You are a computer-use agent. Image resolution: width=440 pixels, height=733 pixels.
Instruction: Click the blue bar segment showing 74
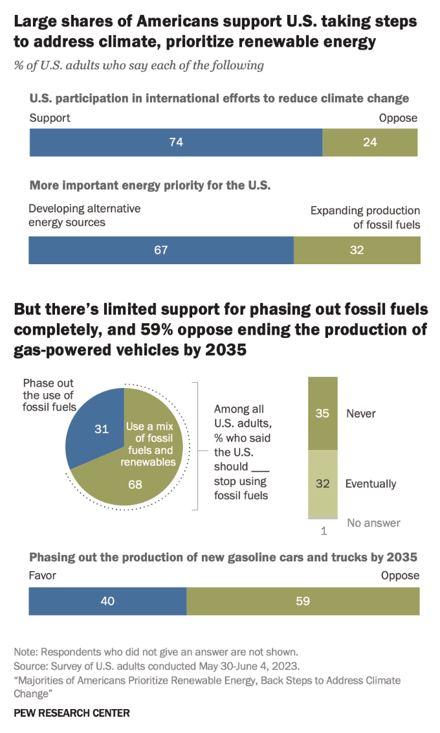coord(176,142)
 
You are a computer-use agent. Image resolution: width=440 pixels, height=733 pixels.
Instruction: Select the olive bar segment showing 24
coord(370,142)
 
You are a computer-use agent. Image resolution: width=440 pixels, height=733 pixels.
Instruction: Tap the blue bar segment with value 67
coord(161,250)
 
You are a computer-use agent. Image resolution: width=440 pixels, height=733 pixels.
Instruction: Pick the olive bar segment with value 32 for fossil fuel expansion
coord(357,250)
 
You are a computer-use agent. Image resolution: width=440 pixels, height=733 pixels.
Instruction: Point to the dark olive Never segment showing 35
coord(322,413)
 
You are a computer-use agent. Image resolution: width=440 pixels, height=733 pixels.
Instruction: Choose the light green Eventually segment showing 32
coord(322,484)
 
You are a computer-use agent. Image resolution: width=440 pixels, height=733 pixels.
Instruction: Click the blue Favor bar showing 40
coord(107,601)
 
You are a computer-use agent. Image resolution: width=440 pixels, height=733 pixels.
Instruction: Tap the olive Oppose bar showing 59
coord(303,601)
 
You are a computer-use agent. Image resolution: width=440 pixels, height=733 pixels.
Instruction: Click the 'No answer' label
coord(373,523)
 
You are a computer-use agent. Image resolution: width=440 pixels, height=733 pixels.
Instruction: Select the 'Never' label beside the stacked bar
coord(360,413)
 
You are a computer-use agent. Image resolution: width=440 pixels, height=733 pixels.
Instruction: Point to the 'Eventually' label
coord(370,484)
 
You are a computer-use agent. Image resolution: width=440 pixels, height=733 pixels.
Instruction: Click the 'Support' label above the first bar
coord(50,118)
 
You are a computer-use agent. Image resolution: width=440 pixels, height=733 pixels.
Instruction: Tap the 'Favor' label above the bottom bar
coord(43,576)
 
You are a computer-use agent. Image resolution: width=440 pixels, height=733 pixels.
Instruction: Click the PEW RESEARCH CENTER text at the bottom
coord(72,713)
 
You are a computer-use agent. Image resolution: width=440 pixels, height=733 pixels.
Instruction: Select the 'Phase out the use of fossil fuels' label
coord(50,394)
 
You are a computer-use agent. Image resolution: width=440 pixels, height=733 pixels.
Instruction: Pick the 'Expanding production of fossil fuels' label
coord(366,218)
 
